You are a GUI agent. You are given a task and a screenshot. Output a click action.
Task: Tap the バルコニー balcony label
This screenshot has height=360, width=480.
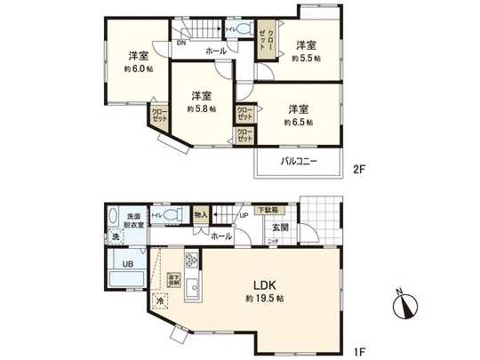(300, 163)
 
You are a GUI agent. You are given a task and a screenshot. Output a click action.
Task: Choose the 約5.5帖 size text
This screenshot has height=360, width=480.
(306, 58)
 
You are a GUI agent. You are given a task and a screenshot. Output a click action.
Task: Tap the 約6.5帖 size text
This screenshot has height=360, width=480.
(298, 123)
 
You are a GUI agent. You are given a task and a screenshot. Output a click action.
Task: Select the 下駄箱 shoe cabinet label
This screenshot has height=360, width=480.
(268, 210)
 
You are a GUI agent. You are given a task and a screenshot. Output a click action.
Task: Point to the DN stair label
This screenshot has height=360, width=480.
(181, 42)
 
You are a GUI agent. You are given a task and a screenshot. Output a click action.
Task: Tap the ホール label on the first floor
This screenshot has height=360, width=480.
(221, 236)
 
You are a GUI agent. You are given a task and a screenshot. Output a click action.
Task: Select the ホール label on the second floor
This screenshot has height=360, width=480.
(216, 52)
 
